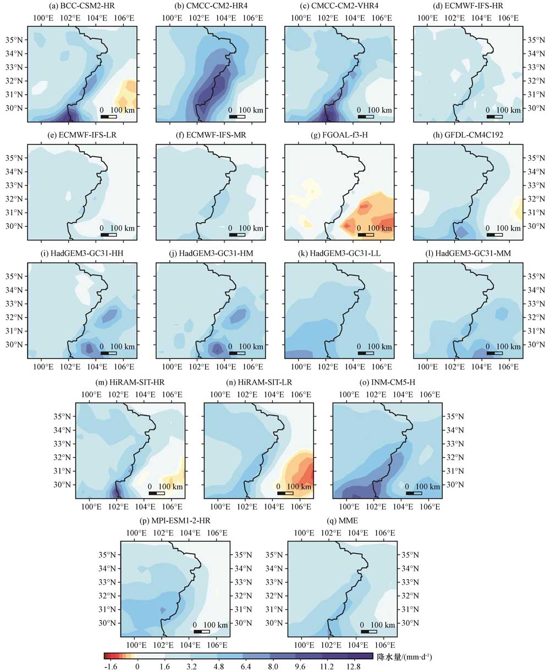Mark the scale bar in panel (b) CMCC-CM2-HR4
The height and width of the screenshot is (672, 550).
point(237,117)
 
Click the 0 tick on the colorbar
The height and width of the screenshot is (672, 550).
point(137,666)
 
